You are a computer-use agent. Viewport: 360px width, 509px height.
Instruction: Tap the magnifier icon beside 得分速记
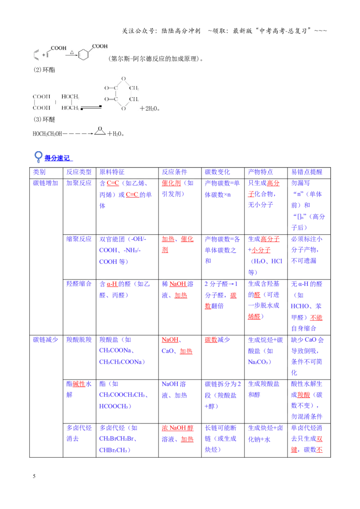point(38,156)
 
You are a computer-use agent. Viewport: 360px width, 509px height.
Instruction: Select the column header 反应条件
point(175,172)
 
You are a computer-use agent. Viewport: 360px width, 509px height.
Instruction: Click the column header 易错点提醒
point(306,172)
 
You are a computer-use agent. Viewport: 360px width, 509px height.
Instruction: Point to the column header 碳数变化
point(217,172)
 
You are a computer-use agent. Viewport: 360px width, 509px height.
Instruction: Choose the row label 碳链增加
point(45,183)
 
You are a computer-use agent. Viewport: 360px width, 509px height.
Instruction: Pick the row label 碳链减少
point(45,339)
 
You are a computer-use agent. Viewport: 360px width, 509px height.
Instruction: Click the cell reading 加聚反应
point(79,183)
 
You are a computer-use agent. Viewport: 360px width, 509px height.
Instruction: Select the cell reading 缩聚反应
point(79,239)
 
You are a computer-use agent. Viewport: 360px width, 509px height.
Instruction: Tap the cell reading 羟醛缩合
point(79,284)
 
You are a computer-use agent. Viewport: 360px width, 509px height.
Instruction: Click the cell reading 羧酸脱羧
point(79,339)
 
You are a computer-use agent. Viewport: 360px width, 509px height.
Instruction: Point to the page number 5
point(34,476)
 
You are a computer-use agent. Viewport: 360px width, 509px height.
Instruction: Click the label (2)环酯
point(44,70)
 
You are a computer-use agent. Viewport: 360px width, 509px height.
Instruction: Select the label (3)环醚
point(44,120)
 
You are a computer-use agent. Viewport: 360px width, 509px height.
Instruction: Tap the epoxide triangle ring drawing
point(100,131)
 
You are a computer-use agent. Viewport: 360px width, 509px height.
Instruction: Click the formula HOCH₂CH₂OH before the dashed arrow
point(47,134)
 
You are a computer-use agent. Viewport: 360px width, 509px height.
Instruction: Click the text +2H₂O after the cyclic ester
point(150,108)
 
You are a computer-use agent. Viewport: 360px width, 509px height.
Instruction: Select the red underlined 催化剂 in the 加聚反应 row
point(171,183)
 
